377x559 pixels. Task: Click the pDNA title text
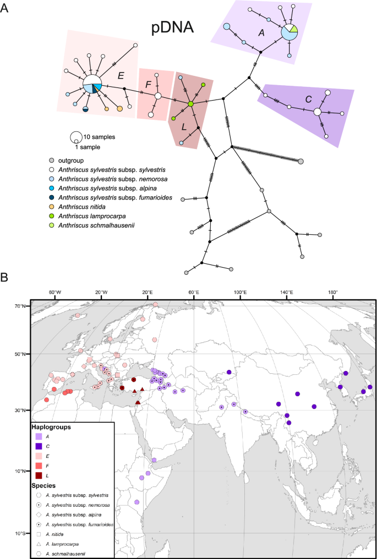(172, 29)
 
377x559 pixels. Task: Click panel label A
(6, 8)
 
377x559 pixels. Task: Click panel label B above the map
(6, 279)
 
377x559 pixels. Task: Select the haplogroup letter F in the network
(148, 84)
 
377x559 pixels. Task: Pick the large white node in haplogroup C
(318, 112)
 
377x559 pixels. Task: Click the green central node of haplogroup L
(190, 104)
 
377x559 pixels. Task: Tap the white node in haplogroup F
(158, 96)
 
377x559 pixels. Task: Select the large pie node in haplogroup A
(289, 32)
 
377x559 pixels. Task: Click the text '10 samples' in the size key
(100, 137)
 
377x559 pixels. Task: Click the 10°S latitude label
(20, 533)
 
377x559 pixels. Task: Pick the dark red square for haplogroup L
(39, 475)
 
